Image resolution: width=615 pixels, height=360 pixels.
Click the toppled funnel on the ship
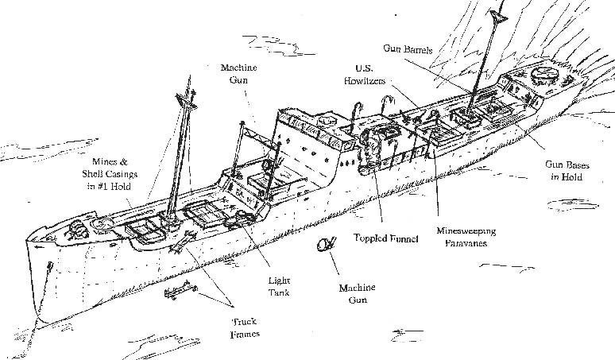[371, 151]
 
